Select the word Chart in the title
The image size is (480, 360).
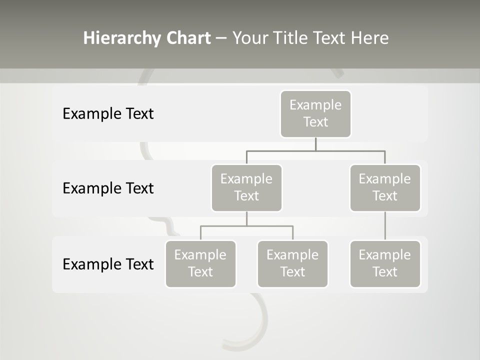coord(188,38)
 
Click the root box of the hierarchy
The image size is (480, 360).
coord(315,113)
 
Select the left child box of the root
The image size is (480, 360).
coord(246,187)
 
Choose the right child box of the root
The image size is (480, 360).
coord(385,187)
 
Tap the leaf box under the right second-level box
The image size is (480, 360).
coord(385,263)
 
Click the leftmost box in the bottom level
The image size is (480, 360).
coord(200,263)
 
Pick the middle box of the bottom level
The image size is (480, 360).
coord(292,263)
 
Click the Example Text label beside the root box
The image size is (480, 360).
coord(108,114)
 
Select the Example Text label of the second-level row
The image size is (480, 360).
coord(108,188)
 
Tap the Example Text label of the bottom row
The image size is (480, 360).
coord(108,264)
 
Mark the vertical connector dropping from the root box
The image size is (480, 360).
coord(315,144)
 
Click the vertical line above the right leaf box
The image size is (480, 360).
coord(385,226)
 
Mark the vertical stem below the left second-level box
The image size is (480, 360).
coord(246,218)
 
